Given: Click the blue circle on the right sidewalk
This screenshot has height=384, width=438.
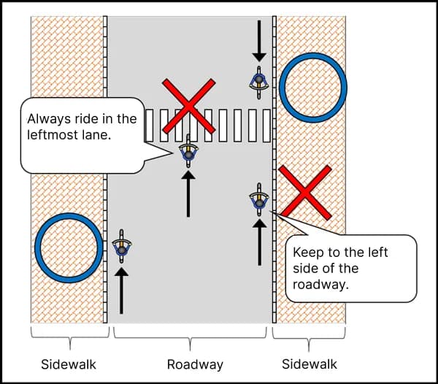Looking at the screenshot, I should [x=312, y=87].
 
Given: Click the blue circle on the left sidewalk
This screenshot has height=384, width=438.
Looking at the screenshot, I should [x=69, y=247].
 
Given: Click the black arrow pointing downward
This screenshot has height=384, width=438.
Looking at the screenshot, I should [x=258, y=41].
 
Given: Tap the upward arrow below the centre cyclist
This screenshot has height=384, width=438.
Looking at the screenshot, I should [x=188, y=193].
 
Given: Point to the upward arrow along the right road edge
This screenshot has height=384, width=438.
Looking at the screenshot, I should [x=259, y=242].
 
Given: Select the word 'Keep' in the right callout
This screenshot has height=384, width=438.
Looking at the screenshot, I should [x=307, y=253].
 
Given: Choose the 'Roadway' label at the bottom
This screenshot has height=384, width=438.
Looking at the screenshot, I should [x=195, y=364].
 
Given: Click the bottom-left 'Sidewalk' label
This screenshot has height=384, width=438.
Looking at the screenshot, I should [x=68, y=364].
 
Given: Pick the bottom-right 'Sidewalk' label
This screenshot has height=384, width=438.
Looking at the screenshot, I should [x=310, y=364].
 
